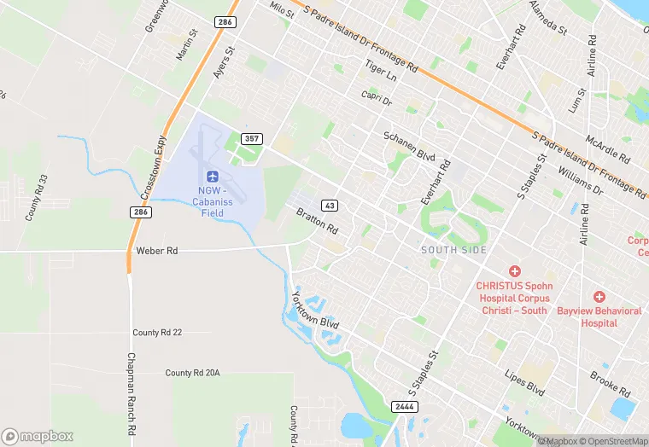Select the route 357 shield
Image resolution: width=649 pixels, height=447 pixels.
[x=251, y=138]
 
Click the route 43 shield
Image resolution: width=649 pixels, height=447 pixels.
[x=329, y=206]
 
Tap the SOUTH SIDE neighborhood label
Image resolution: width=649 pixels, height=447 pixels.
[x=453, y=249]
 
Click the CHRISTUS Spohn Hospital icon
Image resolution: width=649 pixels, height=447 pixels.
[x=515, y=270]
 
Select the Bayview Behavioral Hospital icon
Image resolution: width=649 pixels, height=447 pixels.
[x=599, y=296]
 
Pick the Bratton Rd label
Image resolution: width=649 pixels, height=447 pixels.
[x=317, y=221]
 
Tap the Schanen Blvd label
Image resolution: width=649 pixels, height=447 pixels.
[x=409, y=147]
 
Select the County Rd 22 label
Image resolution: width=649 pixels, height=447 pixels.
[x=157, y=332]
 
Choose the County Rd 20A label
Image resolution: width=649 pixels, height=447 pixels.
[x=193, y=373]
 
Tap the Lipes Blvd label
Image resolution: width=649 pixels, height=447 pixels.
[x=524, y=381]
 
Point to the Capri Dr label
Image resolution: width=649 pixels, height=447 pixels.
[x=376, y=100]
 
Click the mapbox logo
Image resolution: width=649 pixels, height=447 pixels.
[x=38, y=436]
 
